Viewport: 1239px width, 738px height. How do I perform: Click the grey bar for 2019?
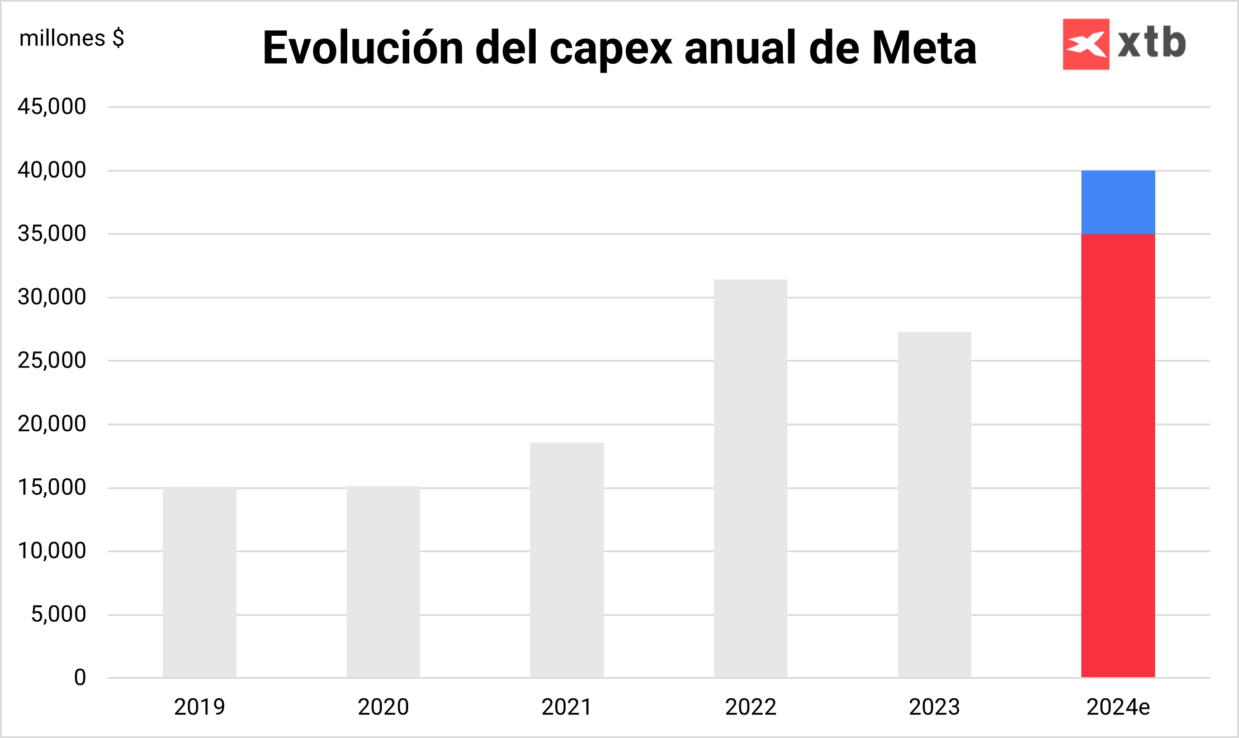200,582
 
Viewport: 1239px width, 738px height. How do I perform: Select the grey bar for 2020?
383,582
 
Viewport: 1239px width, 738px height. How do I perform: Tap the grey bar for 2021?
567,560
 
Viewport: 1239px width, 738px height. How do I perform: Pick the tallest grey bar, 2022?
750,478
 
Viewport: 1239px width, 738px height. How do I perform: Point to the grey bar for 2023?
934,504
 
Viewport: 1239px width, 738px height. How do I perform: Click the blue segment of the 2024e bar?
1118,202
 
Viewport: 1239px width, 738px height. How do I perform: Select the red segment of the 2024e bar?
1118,455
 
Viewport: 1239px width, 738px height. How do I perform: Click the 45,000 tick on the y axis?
52,106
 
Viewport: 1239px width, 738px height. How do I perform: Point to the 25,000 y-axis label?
52,360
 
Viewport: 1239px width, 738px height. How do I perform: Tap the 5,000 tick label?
59,614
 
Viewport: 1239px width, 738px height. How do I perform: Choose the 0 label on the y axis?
80,678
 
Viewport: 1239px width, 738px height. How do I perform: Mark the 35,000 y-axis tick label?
52,233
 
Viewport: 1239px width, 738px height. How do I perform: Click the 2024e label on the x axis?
1118,707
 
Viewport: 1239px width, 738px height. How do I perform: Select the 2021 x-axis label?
567,707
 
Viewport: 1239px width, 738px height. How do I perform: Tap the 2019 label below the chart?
200,707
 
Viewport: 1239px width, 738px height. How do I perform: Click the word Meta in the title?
924,49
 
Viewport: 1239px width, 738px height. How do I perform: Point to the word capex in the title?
611,49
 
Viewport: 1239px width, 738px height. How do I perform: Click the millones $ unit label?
72,39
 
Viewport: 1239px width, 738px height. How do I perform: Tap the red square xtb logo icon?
1086,44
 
